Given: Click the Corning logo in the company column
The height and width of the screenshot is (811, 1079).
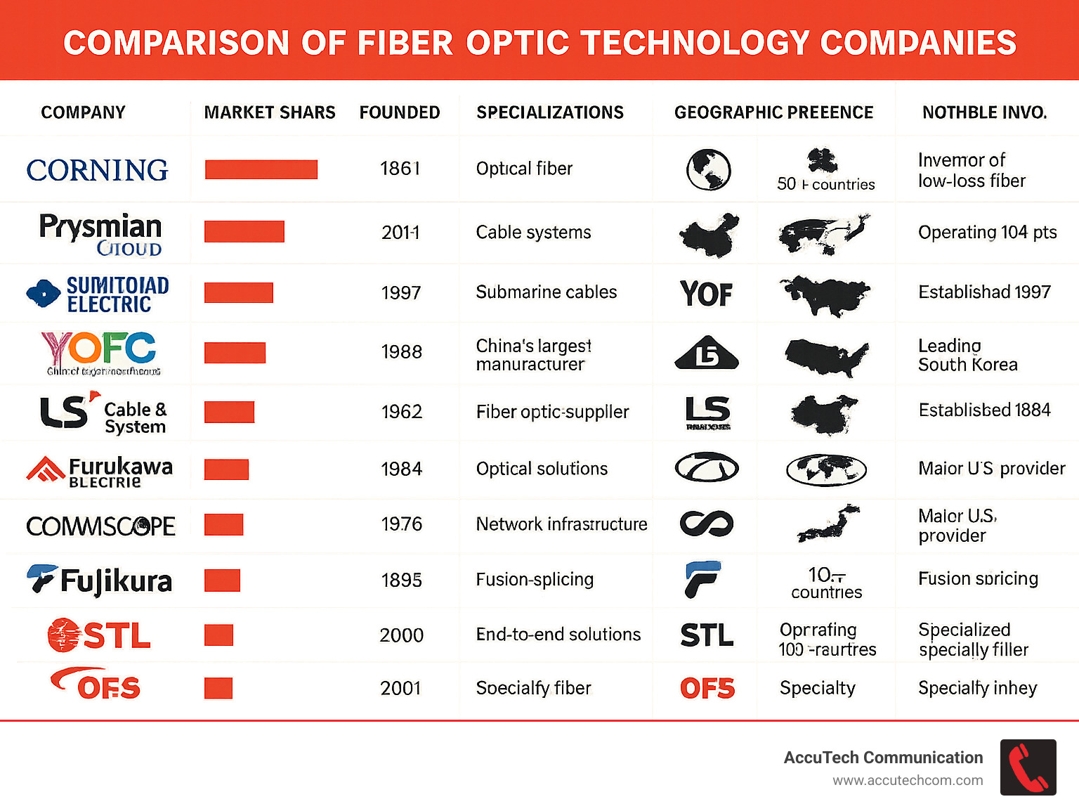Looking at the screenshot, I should click(x=97, y=170).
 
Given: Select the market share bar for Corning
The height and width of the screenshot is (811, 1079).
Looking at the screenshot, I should click(x=261, y=169).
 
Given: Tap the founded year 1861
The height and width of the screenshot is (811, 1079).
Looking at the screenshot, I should click(x=400, y=169).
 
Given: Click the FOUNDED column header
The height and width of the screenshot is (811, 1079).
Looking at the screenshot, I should click(x=400, y=112).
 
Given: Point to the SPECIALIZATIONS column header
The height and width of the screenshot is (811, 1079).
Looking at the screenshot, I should click(x=550, y=112).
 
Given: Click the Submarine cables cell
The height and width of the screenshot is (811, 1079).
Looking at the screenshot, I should click(x=546, y=292).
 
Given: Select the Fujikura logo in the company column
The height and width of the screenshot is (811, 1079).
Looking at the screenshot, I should click(x=100, y=580).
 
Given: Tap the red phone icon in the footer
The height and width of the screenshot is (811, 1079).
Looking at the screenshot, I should click(x=1028, y=767).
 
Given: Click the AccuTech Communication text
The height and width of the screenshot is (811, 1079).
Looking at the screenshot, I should click(x=883, y=758).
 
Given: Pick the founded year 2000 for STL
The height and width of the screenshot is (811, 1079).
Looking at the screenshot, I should click(x=401, y=635).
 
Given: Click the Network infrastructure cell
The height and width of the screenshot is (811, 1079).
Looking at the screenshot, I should click(x=561, y=524).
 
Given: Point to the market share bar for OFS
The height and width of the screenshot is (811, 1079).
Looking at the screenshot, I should click(x=218, y=688).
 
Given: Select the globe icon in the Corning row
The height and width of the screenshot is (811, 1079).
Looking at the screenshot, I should click(x=708, y=170).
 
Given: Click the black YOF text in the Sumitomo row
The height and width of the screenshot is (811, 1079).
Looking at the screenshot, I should click(x=706, y=294).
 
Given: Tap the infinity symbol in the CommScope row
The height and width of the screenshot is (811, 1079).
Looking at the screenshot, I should click(x=707, y=524).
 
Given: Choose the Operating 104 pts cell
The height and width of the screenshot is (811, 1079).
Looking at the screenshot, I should click(x=987, y=233).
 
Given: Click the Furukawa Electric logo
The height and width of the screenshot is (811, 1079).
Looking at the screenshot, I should click(x=100, y=471).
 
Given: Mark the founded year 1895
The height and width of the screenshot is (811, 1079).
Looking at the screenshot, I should click(x=401, y=580).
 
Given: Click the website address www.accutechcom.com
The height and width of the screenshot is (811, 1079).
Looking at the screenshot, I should click(x=908, y=780).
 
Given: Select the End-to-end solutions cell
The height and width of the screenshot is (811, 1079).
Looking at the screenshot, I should click(x=558, y=635).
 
